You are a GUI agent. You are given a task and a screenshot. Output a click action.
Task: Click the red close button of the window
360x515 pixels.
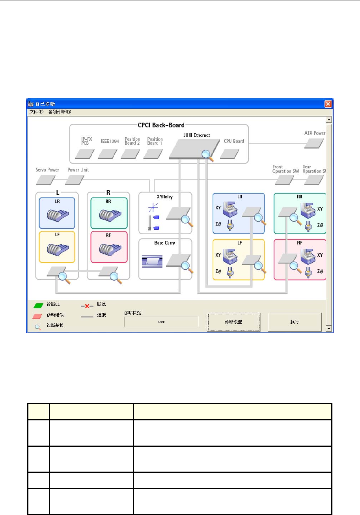328,104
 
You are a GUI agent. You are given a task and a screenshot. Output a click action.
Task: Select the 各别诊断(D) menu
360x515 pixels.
60,112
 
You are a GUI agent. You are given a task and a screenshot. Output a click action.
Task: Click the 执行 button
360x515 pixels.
295,322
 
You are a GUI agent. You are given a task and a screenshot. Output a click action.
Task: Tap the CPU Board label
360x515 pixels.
234,141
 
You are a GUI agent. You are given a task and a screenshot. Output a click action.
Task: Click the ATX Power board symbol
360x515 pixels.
314,144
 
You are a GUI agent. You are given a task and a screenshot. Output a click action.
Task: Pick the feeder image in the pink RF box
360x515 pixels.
108,250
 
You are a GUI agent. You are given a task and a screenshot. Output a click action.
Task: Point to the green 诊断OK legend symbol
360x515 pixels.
38,305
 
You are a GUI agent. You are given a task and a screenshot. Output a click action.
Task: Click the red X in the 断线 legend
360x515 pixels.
87,306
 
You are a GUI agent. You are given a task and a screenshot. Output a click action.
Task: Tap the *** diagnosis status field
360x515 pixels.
161,322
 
